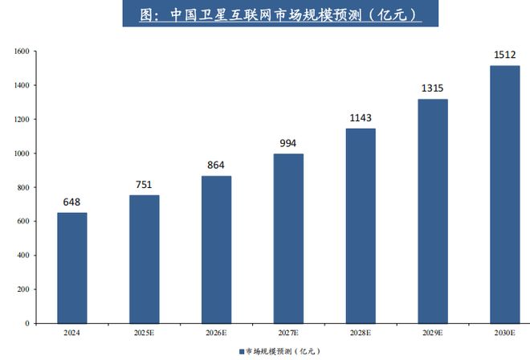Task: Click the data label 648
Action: click(x=72, y=202)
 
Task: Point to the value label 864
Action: click(x=216, y=166)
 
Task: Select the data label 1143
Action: click(x=360, y=118)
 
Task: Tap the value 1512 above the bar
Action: click(x=503, y=55)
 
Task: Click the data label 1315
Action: click(x=432, y=88)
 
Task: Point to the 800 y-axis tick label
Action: click(x=22, y=188)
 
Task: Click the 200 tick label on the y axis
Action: click(x=22, y=290)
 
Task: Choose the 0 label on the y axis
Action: click(x=26, y=324)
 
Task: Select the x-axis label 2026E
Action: click(x=216, y=332)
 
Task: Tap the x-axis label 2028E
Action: click(x=360, y=332)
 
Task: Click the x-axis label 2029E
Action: click(x=432, y=332)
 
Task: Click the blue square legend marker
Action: click(x=241, y=351)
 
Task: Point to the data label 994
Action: click(x=287, y=143)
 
